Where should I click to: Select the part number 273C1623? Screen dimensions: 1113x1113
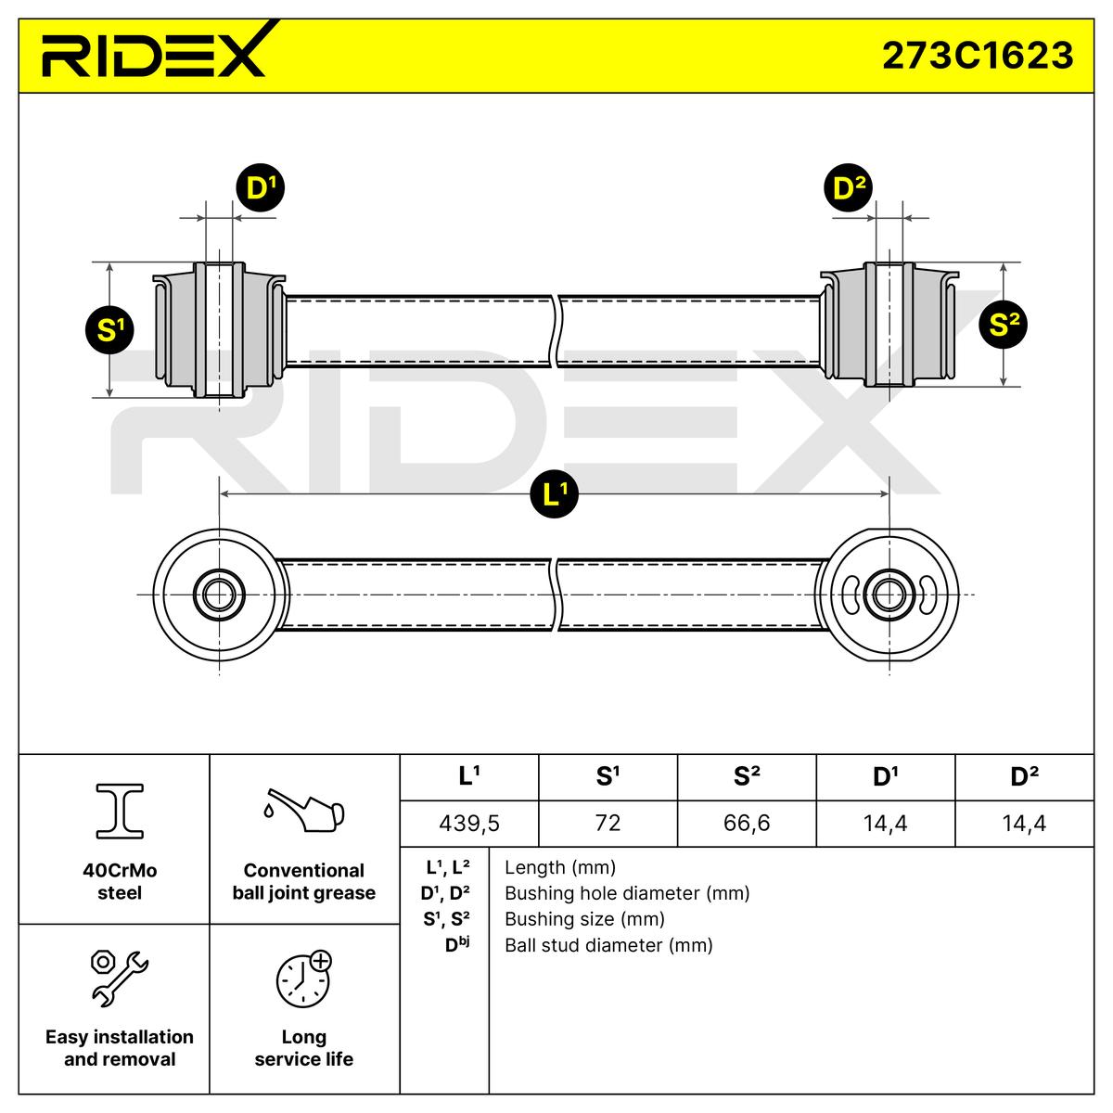pyautogui.click(x=977, y=56)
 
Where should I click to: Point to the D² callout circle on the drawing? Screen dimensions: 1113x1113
pyautogui.click(x=849, y=188)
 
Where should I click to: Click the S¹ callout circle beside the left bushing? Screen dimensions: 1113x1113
pyautogui.click(x=110, y=329)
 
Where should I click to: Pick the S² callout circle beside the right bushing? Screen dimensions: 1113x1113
pyautogui.click(x=1004, y=324)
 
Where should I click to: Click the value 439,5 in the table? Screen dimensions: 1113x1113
pyautogui.click(x=469, y=823)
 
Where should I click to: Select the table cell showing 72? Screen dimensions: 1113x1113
pyautogui.click(x=608, y=823)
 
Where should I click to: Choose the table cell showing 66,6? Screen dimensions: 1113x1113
pyautogui.click(x=747, y=823)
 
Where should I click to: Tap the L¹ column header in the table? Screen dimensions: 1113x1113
pyautogui.click(x=469, y=777)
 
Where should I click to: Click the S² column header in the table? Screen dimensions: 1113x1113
pyautogui.click(x=747, y=777)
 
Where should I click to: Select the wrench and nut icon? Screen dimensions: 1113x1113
pyautogui.click(x=119, y=978)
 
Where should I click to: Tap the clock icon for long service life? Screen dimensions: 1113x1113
pyautogui.click(x=303, y=979)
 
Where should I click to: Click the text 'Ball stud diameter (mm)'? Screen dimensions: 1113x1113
pyautogui.click(x=608, y=945)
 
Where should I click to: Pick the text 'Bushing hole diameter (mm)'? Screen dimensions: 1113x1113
pyautogui.click(x=627, y=893)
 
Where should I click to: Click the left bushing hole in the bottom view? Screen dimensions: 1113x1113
pyautogui.click(x=220, y=594)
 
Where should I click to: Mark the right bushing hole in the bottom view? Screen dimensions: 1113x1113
pyautogui.click(x=889, y=594)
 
